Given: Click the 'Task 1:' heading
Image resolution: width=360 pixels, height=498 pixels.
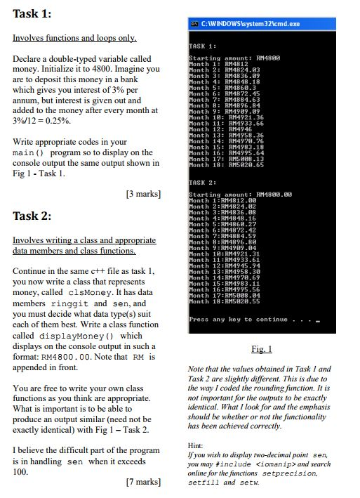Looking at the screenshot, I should [x=32, y=14].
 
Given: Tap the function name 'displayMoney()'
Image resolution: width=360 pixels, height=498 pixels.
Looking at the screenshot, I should [x=81, y=336].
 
